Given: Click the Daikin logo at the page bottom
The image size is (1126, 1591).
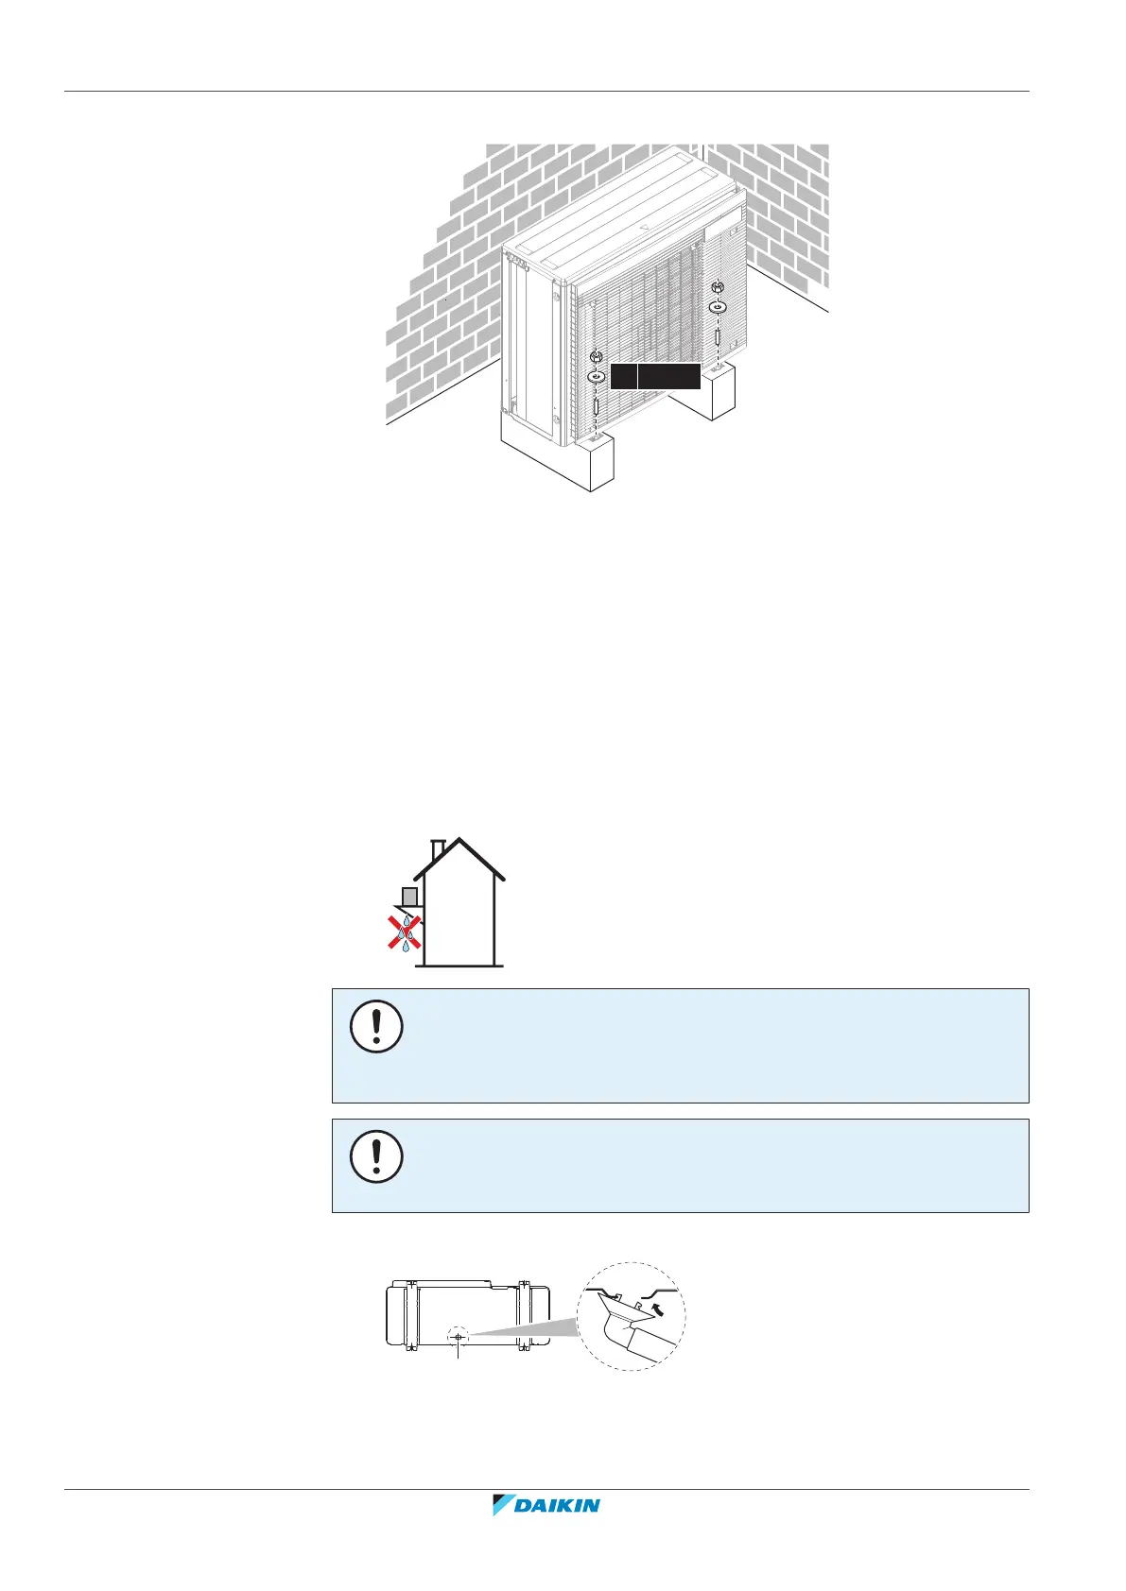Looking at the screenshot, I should (x=546, y=1531).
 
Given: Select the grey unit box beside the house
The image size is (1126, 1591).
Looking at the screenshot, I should (x=409, y=896).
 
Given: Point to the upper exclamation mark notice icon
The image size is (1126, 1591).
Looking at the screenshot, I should (x=376, y=1026).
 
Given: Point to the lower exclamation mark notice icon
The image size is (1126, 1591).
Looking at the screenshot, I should (x=376, y=1156).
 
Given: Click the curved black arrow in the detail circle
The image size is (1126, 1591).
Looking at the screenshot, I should (x=660, y=1309).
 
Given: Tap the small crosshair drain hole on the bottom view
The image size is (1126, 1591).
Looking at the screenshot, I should (x=458, y=1337).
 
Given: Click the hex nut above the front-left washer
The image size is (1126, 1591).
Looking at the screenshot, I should (x=596, y=356).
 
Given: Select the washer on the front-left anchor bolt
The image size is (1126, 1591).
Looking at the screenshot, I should (x=596, y=376).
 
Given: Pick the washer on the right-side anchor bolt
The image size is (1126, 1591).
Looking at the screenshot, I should (x=717, y=307).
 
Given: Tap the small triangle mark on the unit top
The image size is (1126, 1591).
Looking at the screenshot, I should (x=643, y=227).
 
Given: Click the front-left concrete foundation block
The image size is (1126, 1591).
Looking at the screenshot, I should (x=558, y=463).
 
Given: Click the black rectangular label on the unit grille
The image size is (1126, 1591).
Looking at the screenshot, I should (x=655, y=376).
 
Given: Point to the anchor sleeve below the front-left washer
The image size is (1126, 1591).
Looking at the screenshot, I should (x=596, y=408).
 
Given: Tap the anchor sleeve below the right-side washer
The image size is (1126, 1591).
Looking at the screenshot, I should (x=718, y=337).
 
